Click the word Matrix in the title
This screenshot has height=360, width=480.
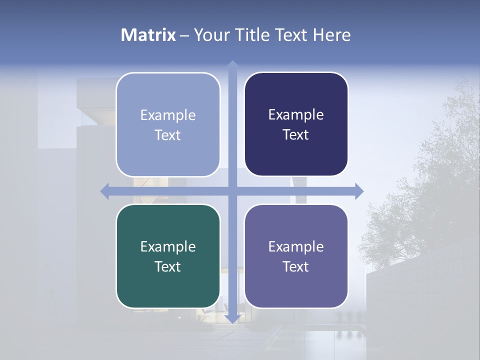pos(148,35)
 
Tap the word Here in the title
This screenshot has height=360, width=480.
pos(331,35)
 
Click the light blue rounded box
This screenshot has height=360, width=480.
pos(168,124)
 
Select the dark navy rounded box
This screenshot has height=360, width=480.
pos(296,124)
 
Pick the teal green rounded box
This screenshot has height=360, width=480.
pos(168,256)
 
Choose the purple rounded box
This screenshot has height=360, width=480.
pos(296,256)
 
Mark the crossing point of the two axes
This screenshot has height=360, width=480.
pos(232,191)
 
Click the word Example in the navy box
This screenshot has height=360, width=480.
pos(296,114)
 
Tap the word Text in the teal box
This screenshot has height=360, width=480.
pos(168,266)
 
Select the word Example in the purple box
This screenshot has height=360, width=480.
pos(296,246)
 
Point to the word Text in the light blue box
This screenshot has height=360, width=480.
pos(168,135)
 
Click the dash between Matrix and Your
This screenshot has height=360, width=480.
pos(184,35)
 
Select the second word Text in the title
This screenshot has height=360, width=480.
pos(291,35)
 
